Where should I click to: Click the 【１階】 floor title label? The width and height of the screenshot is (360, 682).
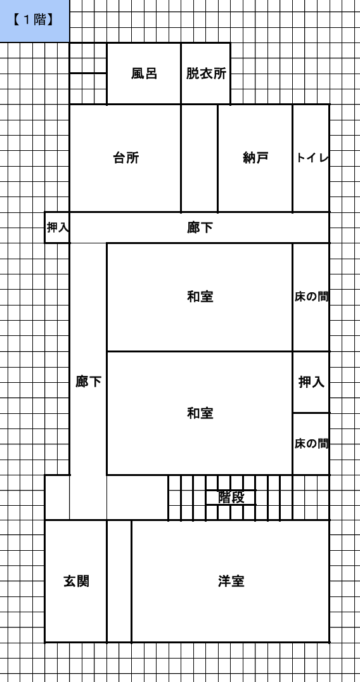coord(34,20)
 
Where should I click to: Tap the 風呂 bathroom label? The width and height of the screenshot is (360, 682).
coord(144,74)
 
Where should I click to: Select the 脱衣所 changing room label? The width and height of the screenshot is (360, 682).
coord(206,74)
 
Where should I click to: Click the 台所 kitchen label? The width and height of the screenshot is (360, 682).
coord(126,158)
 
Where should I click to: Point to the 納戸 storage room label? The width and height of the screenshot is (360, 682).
coord(255,158)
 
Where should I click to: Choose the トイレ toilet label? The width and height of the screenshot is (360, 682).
coord(311,158)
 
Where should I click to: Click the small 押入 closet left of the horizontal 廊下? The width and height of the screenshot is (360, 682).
coord(58,228)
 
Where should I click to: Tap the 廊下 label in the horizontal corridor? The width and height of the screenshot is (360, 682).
coord(200,228)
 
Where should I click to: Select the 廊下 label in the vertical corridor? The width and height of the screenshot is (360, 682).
coord(88,382)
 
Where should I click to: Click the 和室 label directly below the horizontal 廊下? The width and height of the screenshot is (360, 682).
coord(200,297)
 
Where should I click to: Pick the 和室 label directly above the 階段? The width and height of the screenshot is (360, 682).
coord(200,413)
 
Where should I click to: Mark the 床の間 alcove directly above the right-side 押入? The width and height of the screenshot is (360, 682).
coord(311,297)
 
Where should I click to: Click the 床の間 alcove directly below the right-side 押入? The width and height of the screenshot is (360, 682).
coord(311,444)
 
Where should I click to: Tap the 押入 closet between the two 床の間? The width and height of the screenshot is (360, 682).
coord(311,382)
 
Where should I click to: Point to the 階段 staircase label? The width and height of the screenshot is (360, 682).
coord(231,497)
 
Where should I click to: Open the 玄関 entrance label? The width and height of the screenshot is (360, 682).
coord(77,581)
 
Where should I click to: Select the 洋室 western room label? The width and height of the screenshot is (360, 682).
coord(231,581)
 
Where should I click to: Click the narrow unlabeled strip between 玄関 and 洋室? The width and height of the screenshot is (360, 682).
coord(119,581)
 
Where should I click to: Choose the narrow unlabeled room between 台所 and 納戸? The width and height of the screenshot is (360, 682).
coord(200,158)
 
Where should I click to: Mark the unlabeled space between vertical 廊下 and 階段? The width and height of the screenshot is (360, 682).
coord(138,498)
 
